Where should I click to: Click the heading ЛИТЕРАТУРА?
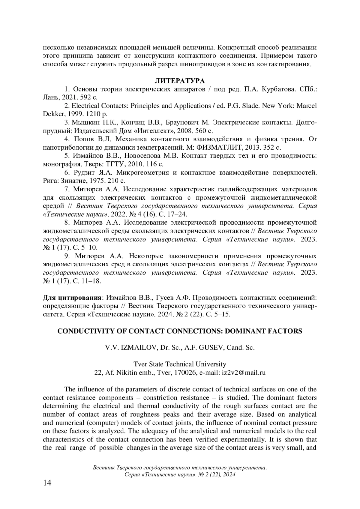(x=180, y=81)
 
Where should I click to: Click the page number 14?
(x=47, y=491)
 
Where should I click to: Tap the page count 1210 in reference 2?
(x=92, y=114)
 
